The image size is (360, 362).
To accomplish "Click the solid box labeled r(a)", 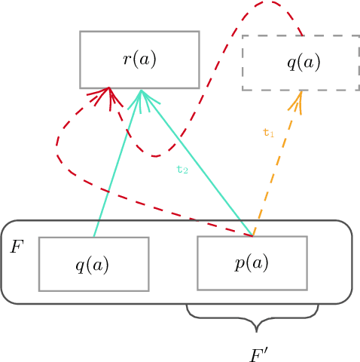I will point(139,60).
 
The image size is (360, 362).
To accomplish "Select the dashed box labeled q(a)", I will point(300,63).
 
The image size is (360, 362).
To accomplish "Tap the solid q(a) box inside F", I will point(93,264).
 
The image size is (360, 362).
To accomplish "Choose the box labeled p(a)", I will point(252,262).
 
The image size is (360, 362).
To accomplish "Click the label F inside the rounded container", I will point(17,247).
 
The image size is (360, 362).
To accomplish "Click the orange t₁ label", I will point(268,133).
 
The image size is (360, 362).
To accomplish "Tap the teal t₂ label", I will point(182,170).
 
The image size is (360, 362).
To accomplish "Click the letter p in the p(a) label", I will point(239,264).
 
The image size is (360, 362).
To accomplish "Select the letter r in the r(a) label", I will point(127,60).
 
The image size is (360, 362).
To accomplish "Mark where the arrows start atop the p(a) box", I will point(252,235).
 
